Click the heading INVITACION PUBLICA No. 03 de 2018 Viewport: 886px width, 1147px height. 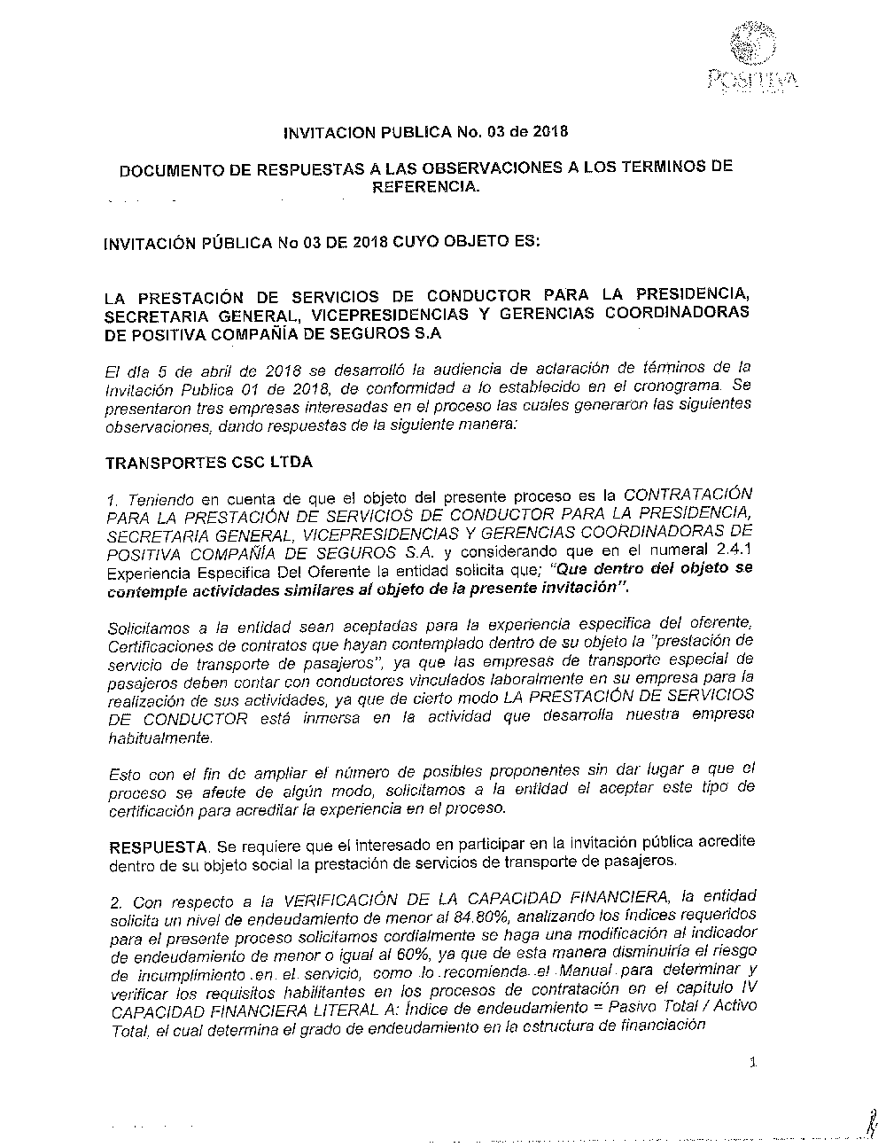[x=424, y=132]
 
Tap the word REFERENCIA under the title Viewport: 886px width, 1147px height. [x=425, y=187]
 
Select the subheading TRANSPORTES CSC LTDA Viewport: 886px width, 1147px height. [x=208, y=463]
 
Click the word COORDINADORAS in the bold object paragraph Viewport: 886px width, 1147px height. [x=678, y=313]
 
